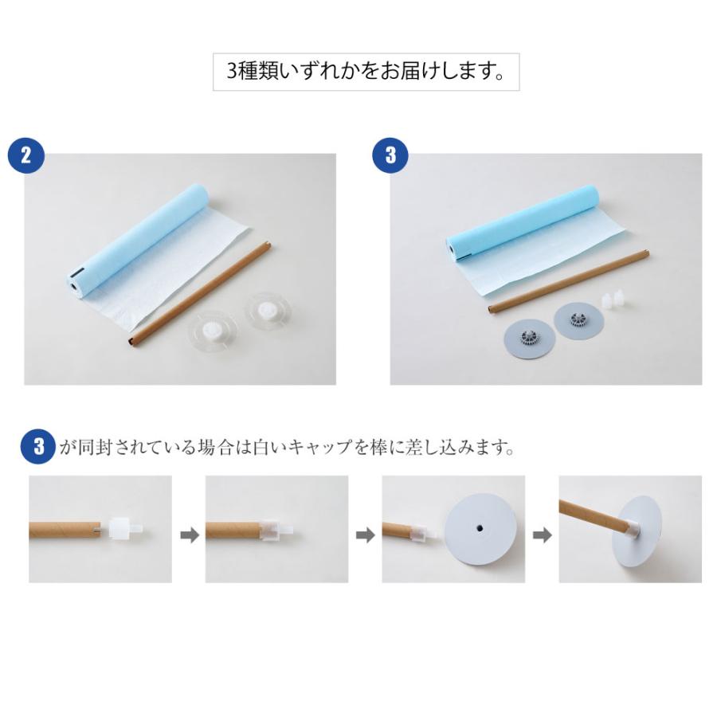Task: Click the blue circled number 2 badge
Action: [25, 155]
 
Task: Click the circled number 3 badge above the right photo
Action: [390, 155]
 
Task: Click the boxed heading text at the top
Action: [366, 72]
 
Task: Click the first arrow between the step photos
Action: [189, 536]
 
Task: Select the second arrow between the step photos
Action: [365, 536]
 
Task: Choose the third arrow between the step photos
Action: [542, 536]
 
